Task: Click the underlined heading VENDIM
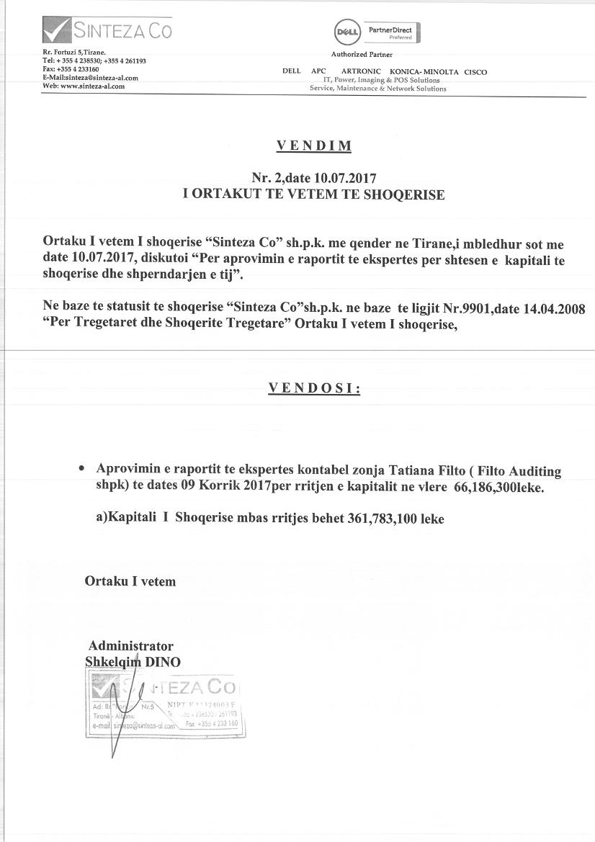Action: click(x=314, y=146)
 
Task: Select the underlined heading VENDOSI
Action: click(x=314, y=388)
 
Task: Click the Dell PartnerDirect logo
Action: click(x=377, y=32)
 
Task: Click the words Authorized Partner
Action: click(x=362, y=55)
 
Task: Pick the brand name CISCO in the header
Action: click(x=475, y=72)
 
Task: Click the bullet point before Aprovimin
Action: click(x=82, y=468)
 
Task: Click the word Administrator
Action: click(x=130, y=646)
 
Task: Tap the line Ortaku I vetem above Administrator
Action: click(x=130, y=581)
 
